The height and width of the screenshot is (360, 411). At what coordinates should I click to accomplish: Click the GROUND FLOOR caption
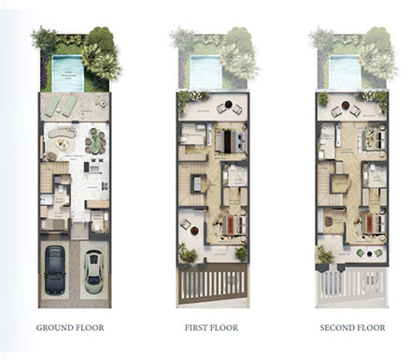point(70,328)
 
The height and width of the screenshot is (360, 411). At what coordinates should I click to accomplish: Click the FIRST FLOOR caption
point(211,328)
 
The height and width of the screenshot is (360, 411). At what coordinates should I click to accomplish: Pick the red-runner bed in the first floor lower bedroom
point(229,224)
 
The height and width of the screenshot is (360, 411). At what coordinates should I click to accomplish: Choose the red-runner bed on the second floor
point(367,224)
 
